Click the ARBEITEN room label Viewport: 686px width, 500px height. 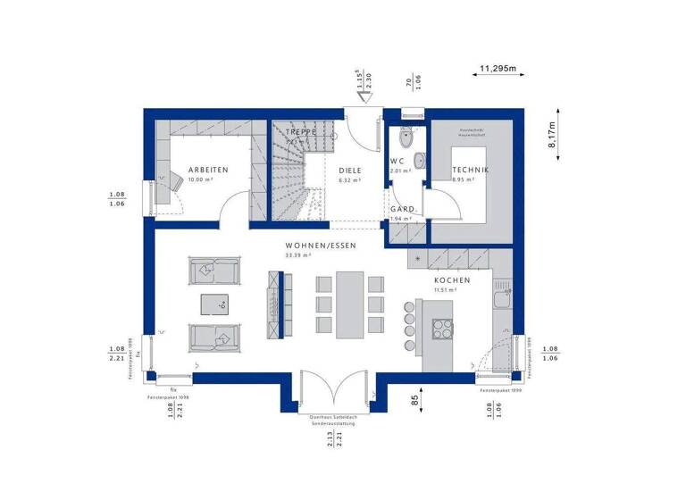pyautogui.click(x=208, y=170)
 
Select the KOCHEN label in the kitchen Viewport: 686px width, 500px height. pyautogui.click(x=452, y=280)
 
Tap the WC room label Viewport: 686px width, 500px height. pyautogui.click(x=397, y=162)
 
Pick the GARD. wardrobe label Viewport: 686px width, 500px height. pyautogui.click(x=401, y=209)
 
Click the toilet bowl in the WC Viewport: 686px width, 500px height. pyautogui.click(x=406, y=139)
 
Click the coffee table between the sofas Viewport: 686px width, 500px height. pyautogui.click(x=214, y=304)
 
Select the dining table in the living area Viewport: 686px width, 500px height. pyautogui.click(x=350, y=305)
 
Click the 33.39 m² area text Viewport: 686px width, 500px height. pyautogui.click(x=297, y=255)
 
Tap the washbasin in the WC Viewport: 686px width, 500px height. pyautogui.click(x=419, y=161)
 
